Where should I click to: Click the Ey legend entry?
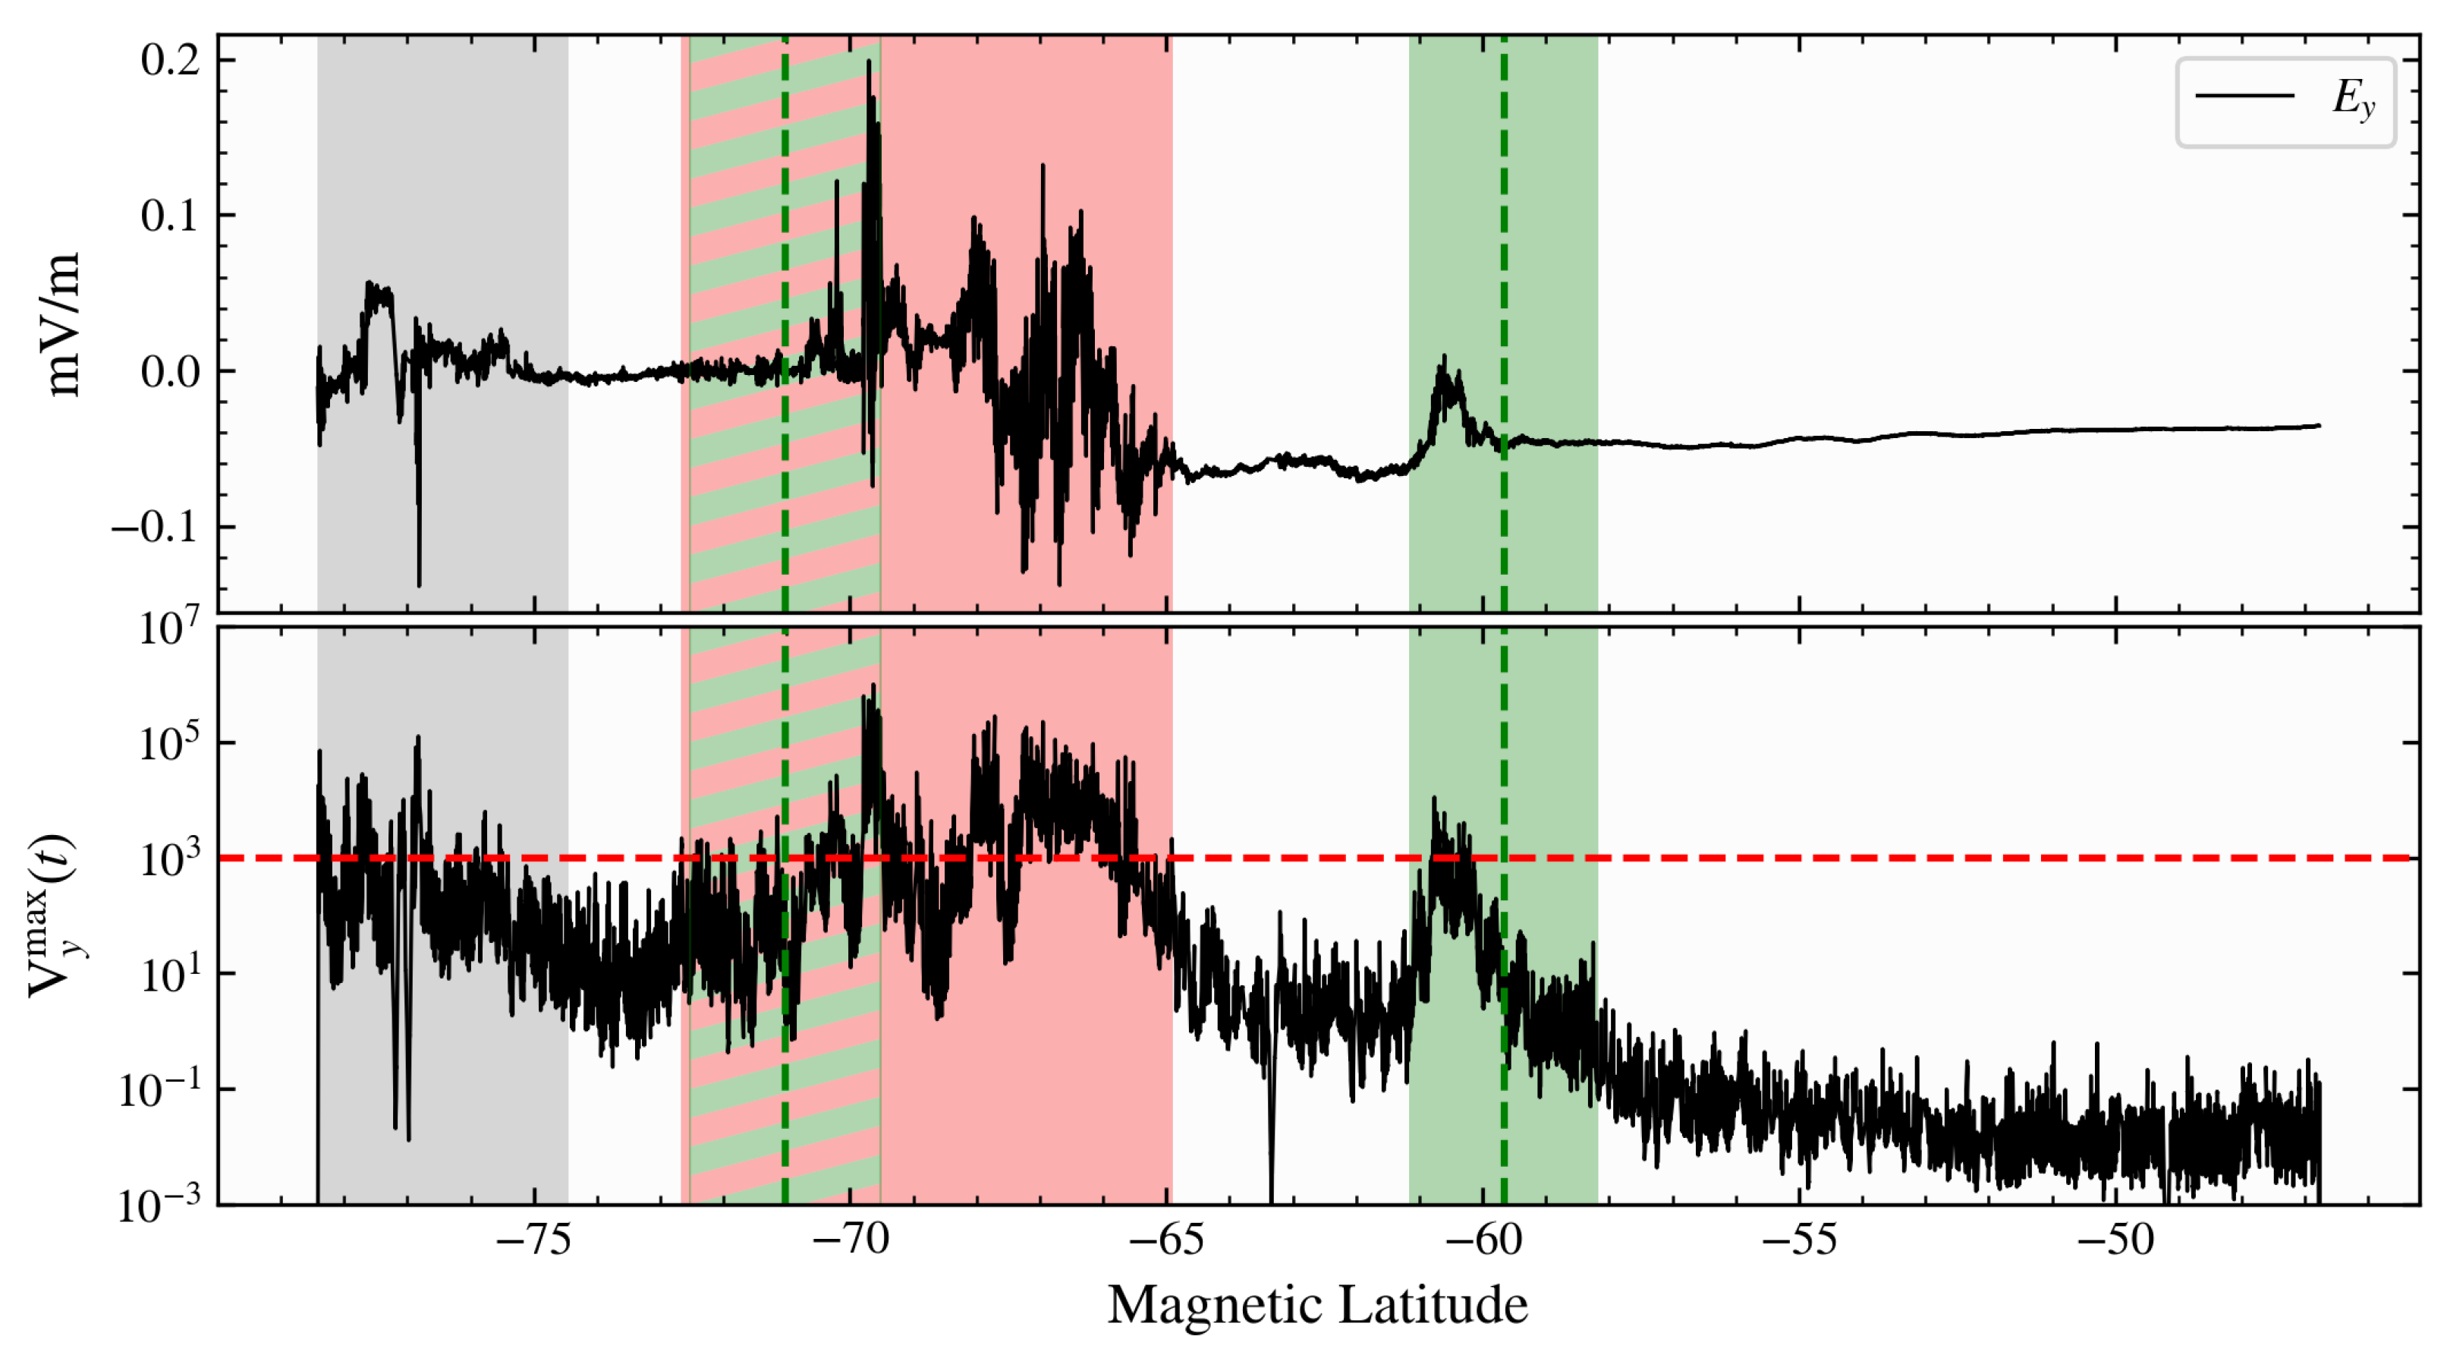coord(2285,99)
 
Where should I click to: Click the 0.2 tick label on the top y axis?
coord(170,60)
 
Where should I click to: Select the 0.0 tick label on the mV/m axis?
coord(170,371)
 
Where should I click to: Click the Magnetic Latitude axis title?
coord(1316,1304)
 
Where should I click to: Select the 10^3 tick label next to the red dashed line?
coord(170,859)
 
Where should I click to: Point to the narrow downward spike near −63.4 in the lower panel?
coord(1271,1178)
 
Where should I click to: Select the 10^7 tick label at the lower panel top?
coord(170,628)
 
